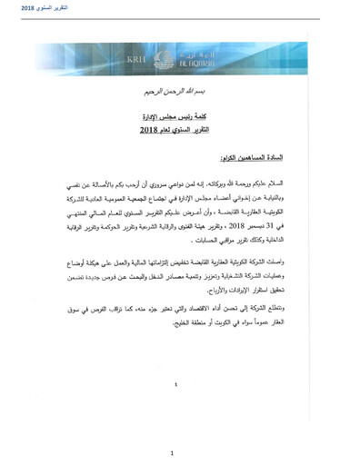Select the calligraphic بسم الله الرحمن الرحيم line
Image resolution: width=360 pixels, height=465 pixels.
pos(179,94)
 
